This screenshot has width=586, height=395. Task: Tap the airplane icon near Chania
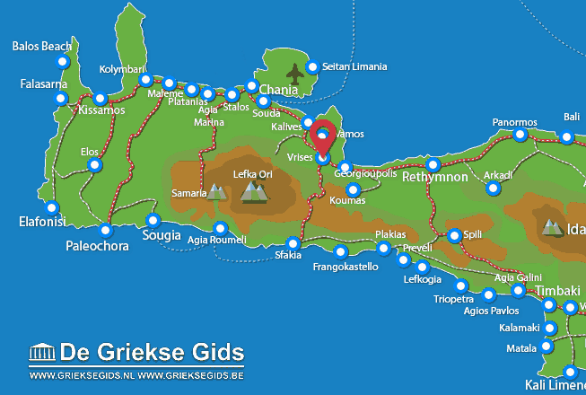(294, 72)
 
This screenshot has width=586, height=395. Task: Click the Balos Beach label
(43, 46)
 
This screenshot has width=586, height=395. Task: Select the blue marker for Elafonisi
(49, 206)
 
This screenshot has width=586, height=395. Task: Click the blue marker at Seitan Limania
(313, 66)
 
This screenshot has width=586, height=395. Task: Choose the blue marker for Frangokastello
(340, 251)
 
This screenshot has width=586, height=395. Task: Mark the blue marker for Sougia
(153, 221)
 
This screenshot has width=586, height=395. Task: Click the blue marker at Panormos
(520, 135)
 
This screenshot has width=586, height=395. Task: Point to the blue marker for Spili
(455, 235)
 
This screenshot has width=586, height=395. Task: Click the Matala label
(520, 347)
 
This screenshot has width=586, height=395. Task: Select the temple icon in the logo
(42, 352)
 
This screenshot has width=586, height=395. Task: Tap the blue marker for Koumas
(354, 189)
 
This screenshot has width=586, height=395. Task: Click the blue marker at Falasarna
(62, 97)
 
